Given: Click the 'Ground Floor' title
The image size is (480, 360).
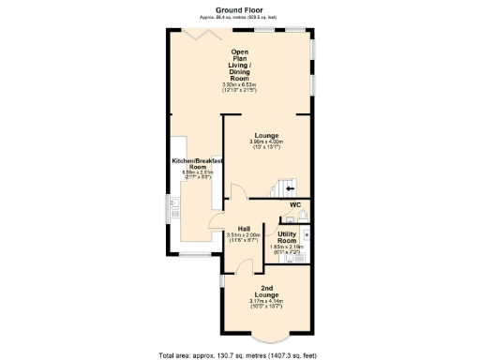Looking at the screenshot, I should [x=239, y=8].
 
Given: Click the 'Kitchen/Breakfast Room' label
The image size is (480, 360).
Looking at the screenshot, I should [x=197, y=165].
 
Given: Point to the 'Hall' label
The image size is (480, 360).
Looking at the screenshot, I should [x=243, y=228].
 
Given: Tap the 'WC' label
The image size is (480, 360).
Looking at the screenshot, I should [x=294, y=204].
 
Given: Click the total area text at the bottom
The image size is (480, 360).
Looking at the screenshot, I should [x=239, y=354].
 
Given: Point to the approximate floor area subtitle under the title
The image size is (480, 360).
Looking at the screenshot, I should [x=239, y=17].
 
